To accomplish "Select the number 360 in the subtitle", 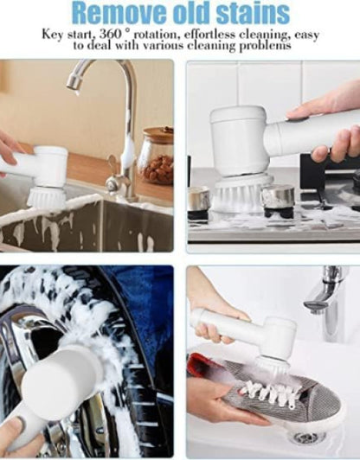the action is coord(110,34).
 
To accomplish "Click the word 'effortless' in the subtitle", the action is coord(210,35).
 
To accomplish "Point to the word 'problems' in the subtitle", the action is coord(266,46).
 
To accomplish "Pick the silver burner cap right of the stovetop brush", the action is coord(278,197).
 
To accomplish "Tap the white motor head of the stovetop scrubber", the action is coord(239,141).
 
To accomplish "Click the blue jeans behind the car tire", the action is coord(140,308).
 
